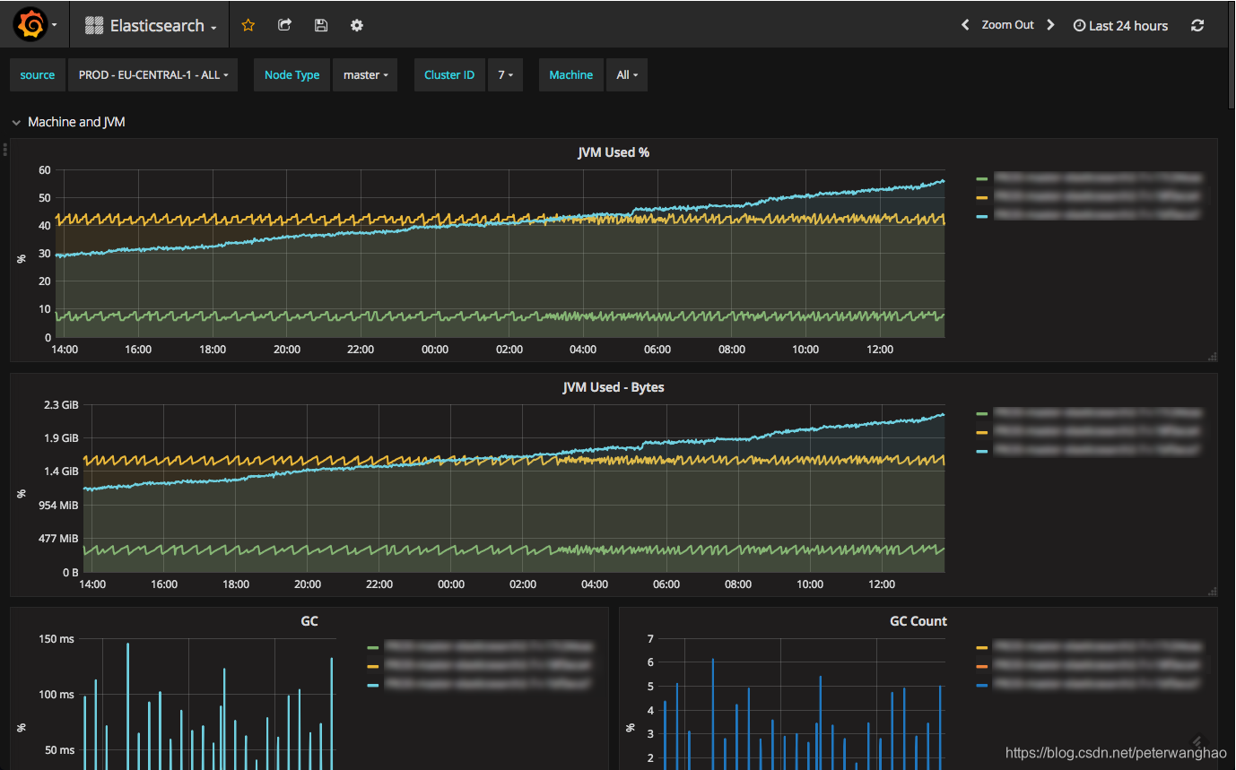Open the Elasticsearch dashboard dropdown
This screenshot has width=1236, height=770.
[x=152, y=26]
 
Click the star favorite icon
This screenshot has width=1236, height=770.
[x=248, y=25]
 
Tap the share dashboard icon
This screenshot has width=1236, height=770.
[x=284, y=25]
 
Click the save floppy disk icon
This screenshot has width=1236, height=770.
[x=321, y=25]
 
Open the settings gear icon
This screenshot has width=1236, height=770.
[x=357, y=25]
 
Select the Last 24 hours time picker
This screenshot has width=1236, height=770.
[x=1120, y=26]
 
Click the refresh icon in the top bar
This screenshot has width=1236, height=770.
[x=1197, y=25]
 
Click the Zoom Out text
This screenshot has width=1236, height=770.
[x=1007, y=25]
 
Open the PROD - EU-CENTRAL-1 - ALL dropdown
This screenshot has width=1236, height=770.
[x=152, y=75]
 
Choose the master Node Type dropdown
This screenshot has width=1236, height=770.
[x=365, y=75]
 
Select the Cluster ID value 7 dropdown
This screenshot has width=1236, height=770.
[x=505, y=75]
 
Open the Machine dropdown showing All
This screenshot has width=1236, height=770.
[x=627, y=75]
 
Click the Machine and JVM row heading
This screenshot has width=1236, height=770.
[x=76, y=122]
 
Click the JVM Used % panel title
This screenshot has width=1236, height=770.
[x=614, y=152]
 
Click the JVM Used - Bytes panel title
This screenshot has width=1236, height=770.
[x=614, y=387]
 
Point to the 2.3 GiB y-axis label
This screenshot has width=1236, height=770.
[x=62, y=405]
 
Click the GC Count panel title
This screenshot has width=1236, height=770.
[x=918, y=621]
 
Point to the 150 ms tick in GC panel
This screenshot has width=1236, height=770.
[x=57, y=639]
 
